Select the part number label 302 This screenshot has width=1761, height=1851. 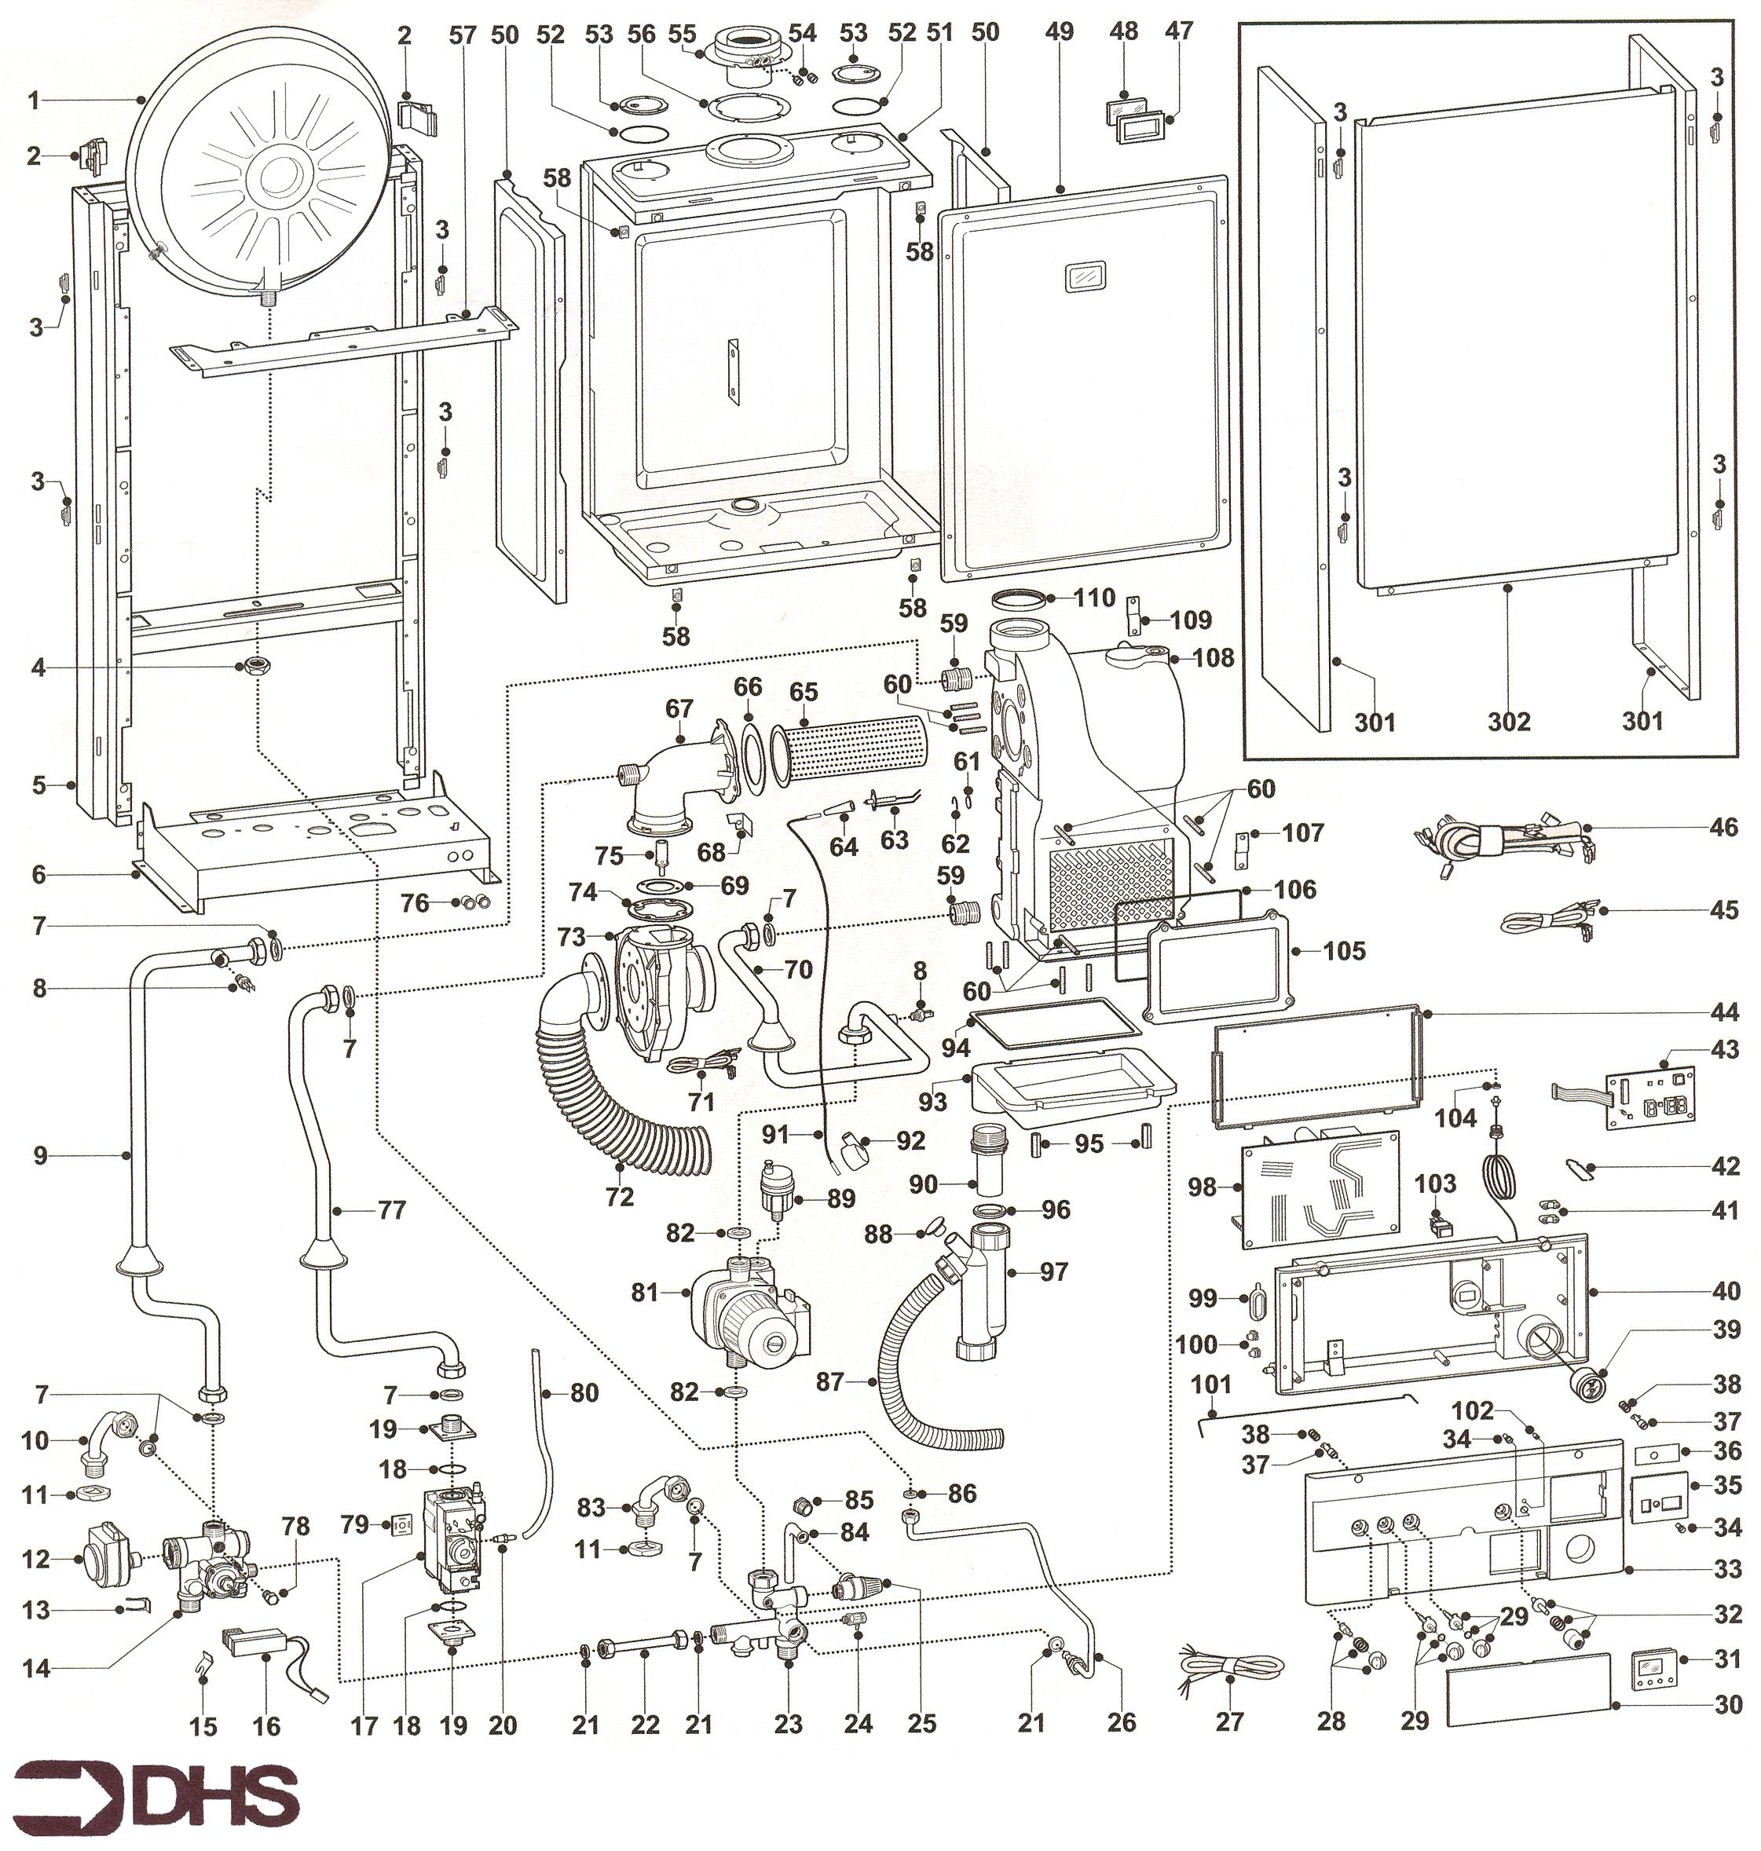[x=1509, y=721]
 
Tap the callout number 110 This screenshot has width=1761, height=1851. [x=1094, y=598]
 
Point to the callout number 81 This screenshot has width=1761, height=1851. [x=645, y=1293]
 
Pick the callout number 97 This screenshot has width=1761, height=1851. [x=1054, y=1272]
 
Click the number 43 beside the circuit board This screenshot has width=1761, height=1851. [x=1726, y=1048]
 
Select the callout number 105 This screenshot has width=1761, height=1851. [x=1344, y=951]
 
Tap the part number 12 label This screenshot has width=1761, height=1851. [x=35, y=1559]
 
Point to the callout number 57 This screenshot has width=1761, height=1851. [x=462, y=35]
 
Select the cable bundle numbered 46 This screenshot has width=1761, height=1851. [x=1502, y=837]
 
